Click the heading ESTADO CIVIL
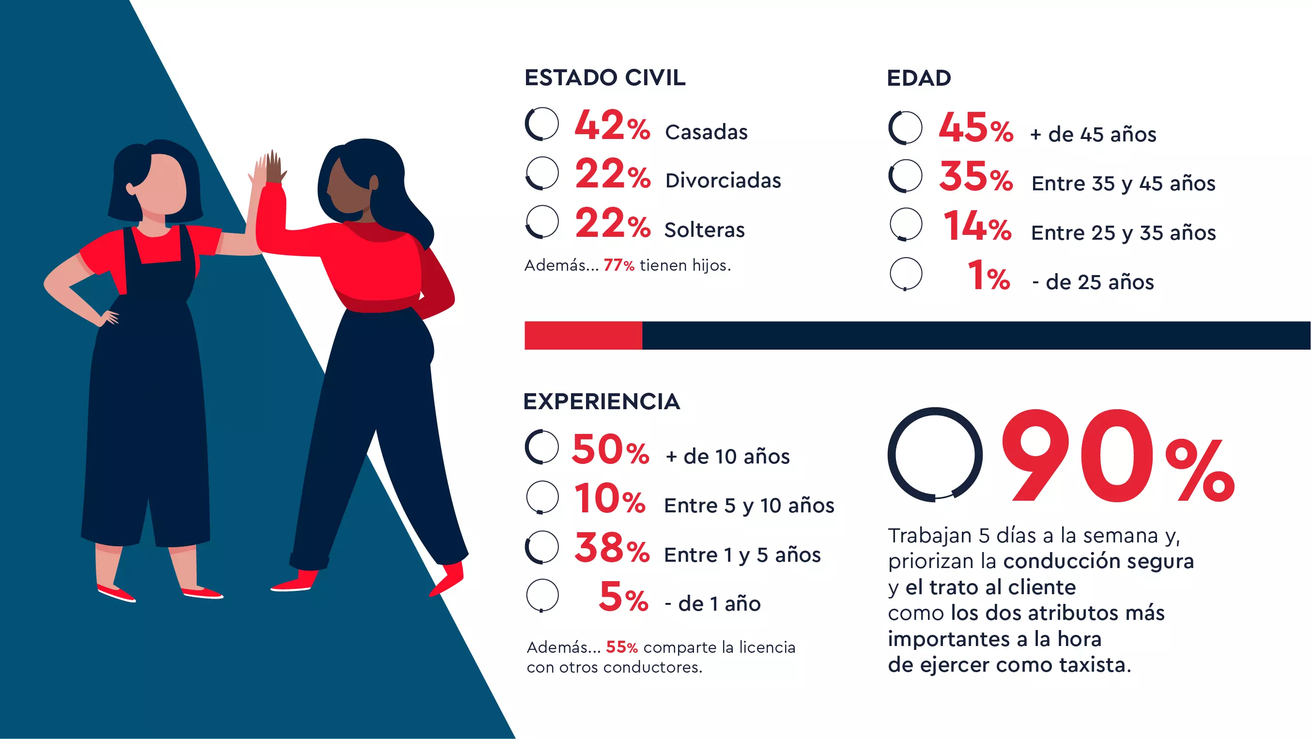604,78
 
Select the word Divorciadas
723,181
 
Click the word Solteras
704,230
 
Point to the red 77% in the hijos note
618,265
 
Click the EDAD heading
919,78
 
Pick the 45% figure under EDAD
975,128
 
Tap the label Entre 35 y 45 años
1123,184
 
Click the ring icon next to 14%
906,224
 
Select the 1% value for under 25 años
988,277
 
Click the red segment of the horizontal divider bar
583,336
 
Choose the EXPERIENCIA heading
602,402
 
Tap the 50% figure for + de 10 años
610,450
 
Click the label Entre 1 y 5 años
742,555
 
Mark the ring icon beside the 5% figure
542,595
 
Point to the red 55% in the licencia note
621,647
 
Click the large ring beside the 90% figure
935,455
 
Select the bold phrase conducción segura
1098,561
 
